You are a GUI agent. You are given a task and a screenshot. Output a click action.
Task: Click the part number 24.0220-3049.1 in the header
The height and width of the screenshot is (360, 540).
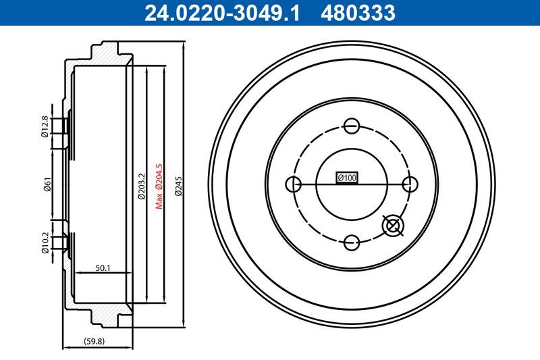219,13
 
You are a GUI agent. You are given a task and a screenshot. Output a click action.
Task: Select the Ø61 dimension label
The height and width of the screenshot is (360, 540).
45,184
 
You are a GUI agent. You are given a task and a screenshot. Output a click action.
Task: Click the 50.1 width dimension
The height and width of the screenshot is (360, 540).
103,268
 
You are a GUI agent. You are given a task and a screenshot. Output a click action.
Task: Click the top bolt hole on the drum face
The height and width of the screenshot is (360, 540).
351,126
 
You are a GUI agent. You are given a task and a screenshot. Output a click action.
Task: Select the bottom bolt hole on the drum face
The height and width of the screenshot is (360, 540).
351,242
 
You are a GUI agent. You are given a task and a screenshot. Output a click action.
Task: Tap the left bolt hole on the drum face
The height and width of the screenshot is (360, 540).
293,184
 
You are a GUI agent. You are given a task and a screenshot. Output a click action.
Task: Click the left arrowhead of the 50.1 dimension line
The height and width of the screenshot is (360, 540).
76,274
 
